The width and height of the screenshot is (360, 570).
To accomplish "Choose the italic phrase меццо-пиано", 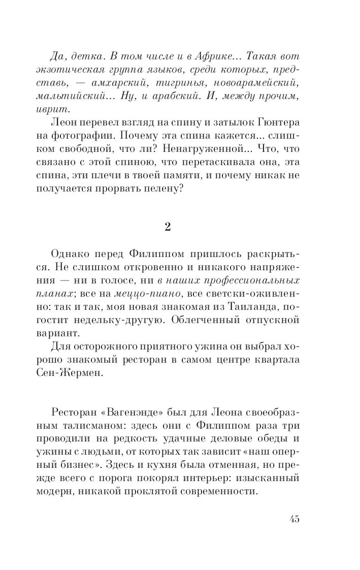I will [168, 294].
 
